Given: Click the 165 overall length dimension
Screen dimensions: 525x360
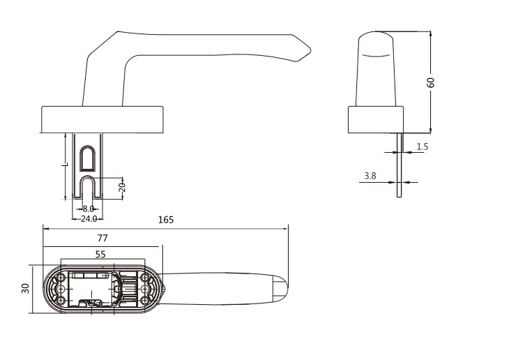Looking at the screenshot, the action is (166, 220).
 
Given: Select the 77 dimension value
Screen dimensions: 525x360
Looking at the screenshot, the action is (102, 238).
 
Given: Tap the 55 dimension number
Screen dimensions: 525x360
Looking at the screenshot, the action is (100, 255).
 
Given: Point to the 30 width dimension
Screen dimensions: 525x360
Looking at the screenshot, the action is (25, 288).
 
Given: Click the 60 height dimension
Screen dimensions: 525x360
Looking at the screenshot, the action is (431, 82).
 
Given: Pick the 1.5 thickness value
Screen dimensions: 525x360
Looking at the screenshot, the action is (423, 147).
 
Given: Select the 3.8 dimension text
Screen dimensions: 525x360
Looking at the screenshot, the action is (370, 176).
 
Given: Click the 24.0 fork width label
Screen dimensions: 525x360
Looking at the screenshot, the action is (89, 219).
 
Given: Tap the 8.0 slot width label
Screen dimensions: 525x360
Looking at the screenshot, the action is (89, 209).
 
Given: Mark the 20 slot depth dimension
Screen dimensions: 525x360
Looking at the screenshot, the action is (122, 187).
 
